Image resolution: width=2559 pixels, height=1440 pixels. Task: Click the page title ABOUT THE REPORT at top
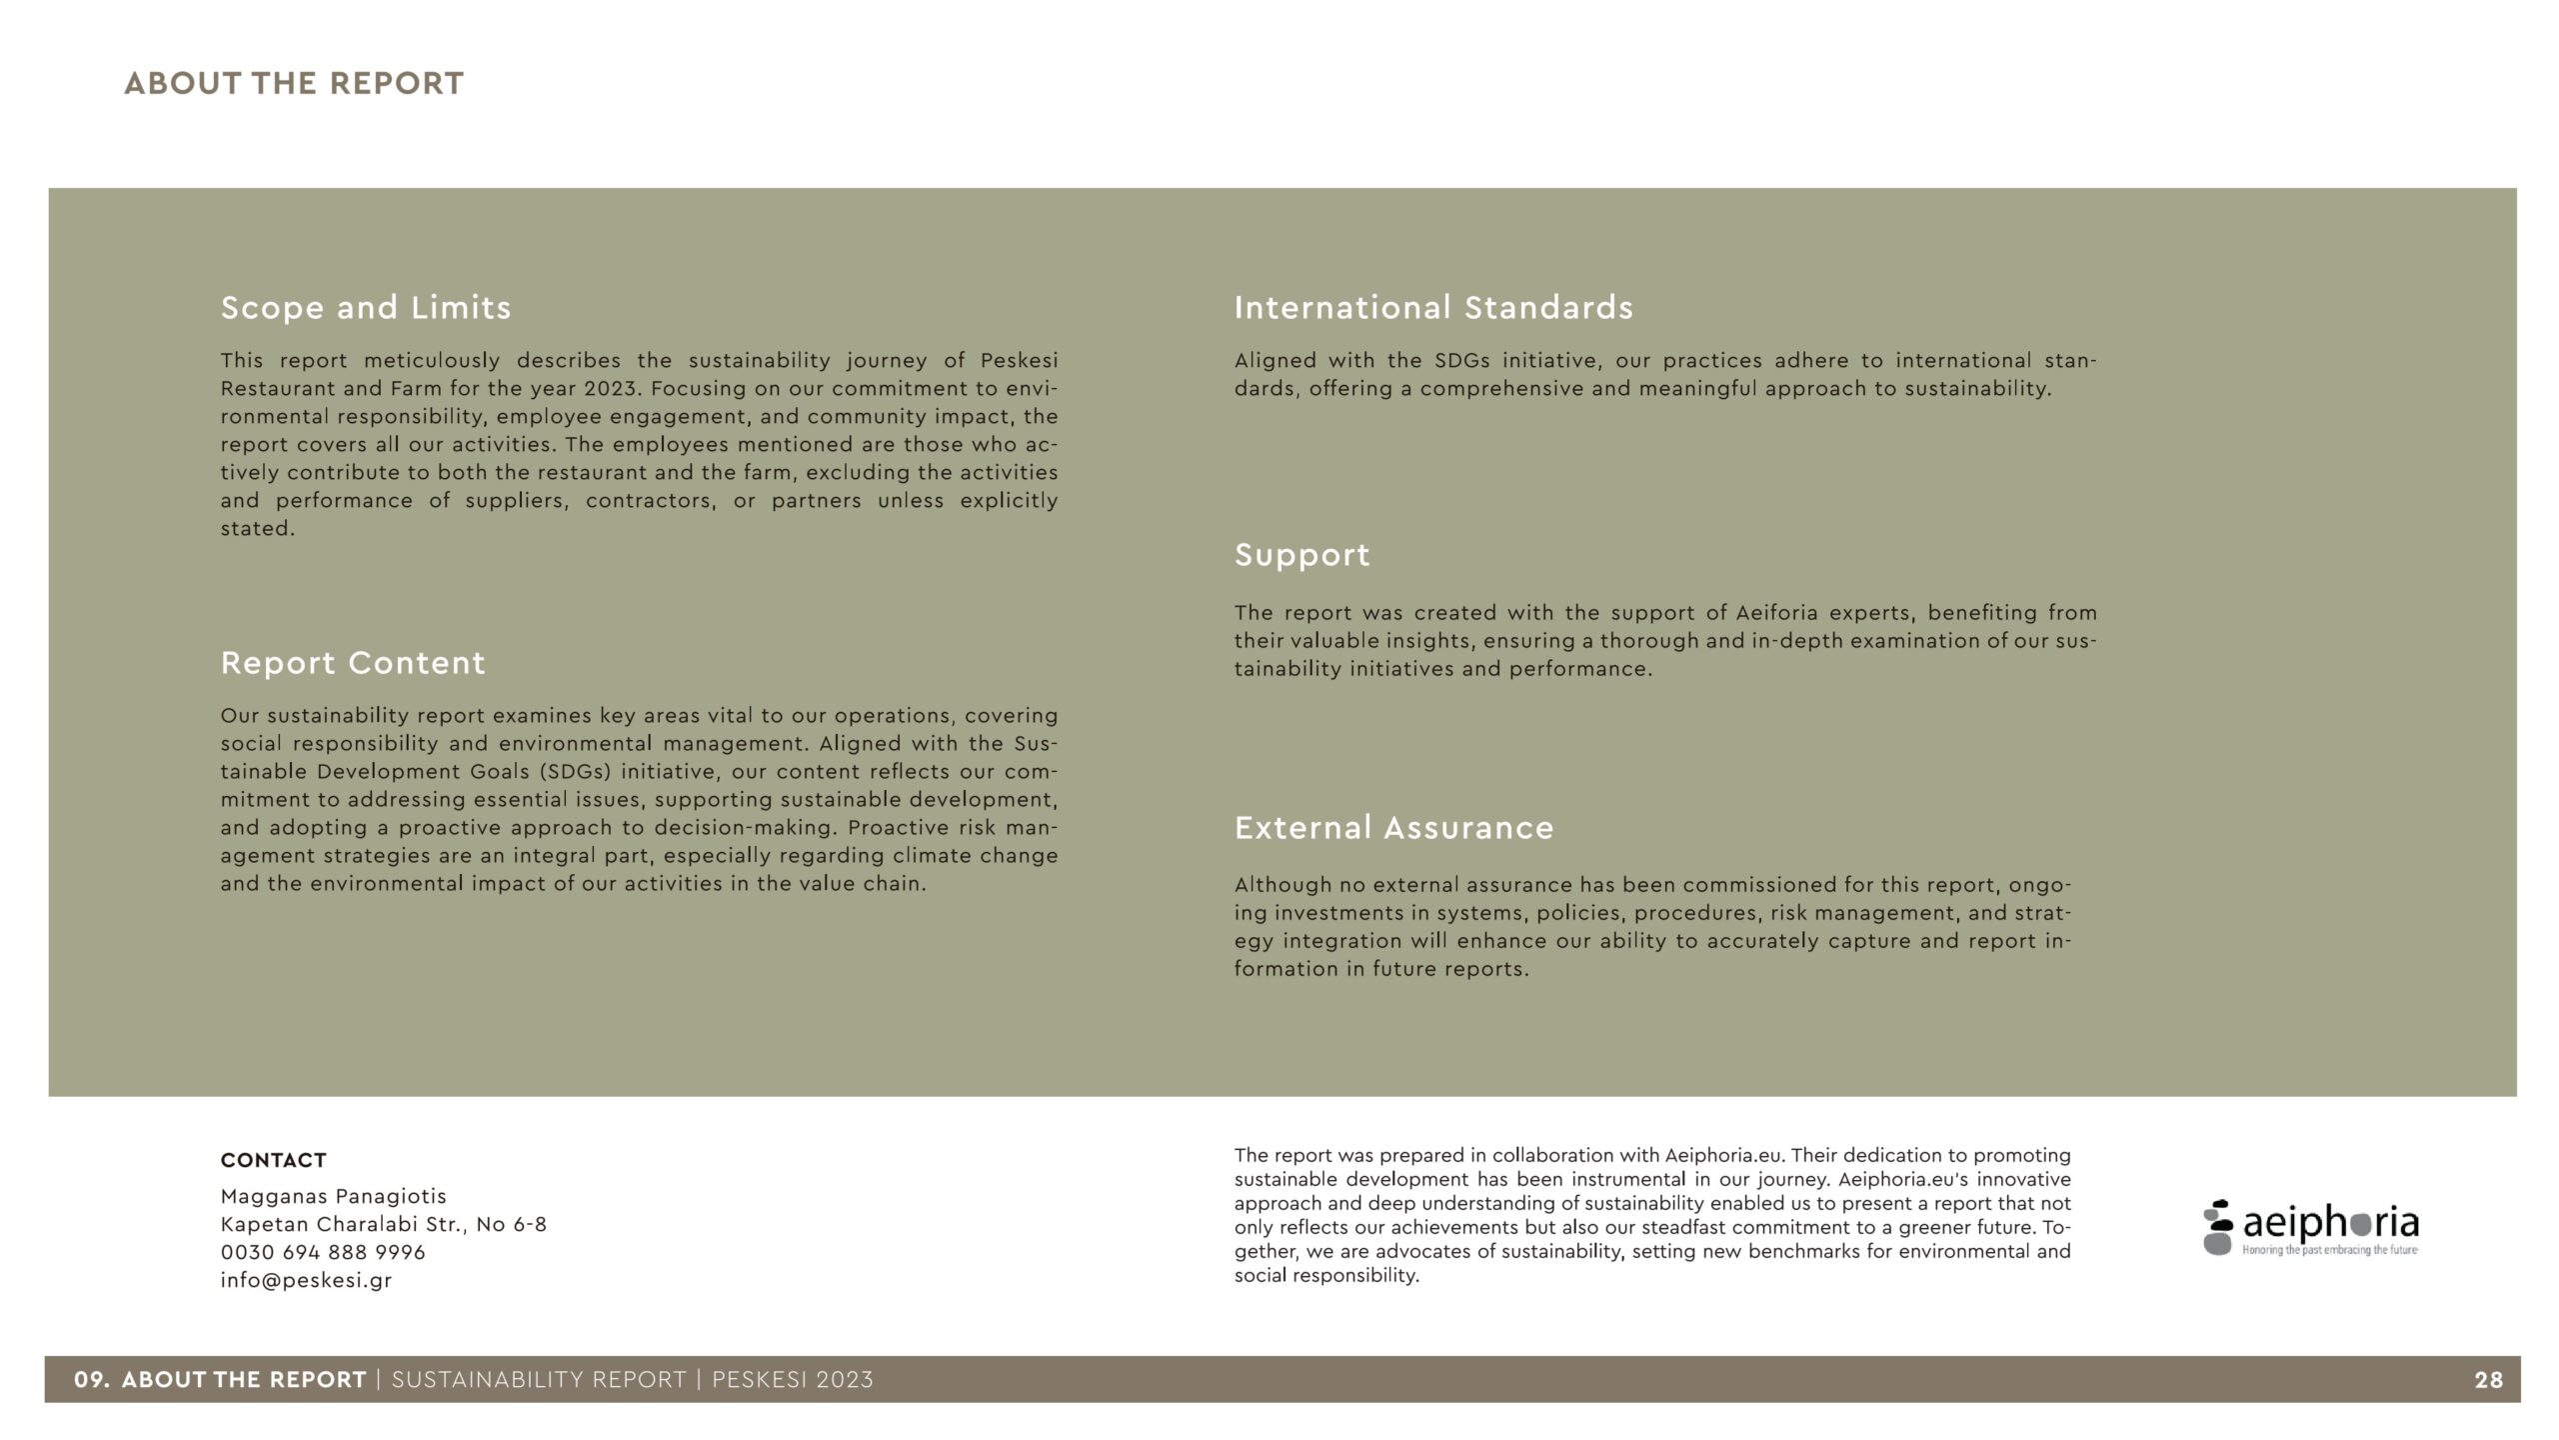point(294,83)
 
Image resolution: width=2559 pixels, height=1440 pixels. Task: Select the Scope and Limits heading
point(366,307)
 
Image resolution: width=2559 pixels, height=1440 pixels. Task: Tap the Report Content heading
point(353,662)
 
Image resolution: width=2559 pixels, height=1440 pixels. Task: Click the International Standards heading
point(1433,307)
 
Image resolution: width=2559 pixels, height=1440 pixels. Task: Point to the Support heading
point(1301,555)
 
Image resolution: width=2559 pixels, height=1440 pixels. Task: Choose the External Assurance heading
point(1393,827)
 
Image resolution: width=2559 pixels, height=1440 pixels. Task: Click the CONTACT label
point(273,1160)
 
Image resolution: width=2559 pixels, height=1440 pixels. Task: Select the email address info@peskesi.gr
point(306,1280)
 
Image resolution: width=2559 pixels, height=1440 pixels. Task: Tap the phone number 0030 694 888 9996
point(323,1252)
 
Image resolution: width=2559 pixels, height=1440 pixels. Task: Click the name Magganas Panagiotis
point(333,1196)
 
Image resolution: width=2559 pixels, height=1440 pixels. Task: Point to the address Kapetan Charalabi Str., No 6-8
point(384,1224)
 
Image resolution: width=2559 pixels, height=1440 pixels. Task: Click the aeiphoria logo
point(2310,1227)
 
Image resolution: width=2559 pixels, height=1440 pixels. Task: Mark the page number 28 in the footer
point(2488,1380)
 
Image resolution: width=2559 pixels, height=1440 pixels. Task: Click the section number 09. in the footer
point(92,1380)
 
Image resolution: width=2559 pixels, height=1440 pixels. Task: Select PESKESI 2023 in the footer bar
point(792,1380)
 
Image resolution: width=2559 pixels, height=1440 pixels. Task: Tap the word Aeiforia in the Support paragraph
point(1776,612)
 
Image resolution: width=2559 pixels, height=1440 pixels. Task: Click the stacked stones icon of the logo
point(2217,1227)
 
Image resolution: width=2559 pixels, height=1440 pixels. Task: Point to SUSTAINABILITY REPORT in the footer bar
point(539,1380)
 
